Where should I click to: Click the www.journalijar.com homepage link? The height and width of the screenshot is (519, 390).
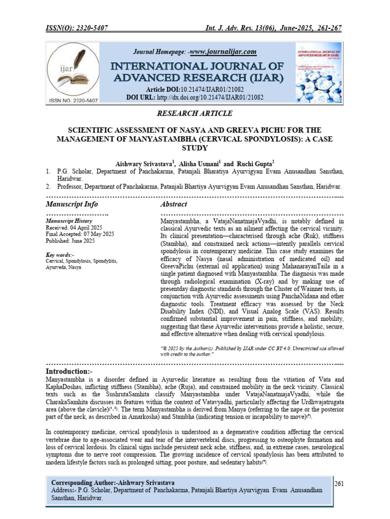[223, 52]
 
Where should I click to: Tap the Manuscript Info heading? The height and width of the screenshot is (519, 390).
[72, 204]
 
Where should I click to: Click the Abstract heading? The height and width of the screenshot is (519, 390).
[174, 204]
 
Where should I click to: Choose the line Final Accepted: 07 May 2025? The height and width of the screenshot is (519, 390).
[80, 234]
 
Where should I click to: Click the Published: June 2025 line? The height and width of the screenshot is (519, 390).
[70, 241]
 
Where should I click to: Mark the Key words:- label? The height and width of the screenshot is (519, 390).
[60, 254]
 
